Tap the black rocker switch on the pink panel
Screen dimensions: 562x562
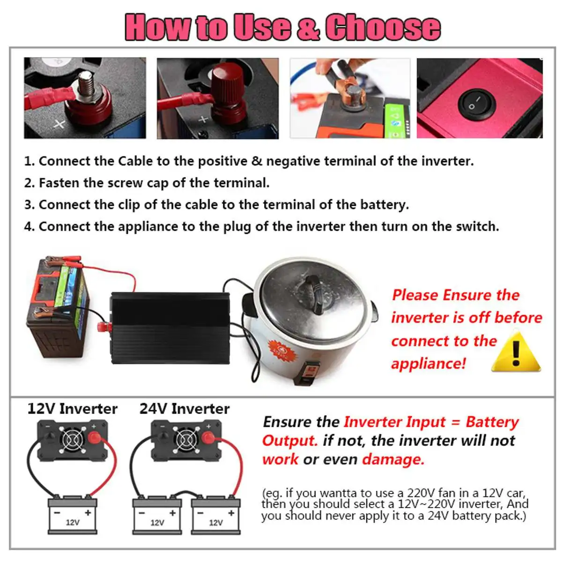pyautogui.click(x=477, y=104)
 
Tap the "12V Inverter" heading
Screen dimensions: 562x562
pyautogui.click(x=72, y=409)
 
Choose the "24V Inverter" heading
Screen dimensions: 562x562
pyautogui.click(x=185, y=409)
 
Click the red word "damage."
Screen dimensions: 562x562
pyautogui.click(x=393, y=459)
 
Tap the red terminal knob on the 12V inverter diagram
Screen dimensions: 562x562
pyautogui.click(x=94, y=438)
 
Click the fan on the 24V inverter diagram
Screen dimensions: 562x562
pyautogui.click(x=185, y=439)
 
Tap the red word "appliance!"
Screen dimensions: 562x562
pyautogui.click(x=429, y=364)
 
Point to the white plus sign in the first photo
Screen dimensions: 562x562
pyautogui.click(x=59, y=124)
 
